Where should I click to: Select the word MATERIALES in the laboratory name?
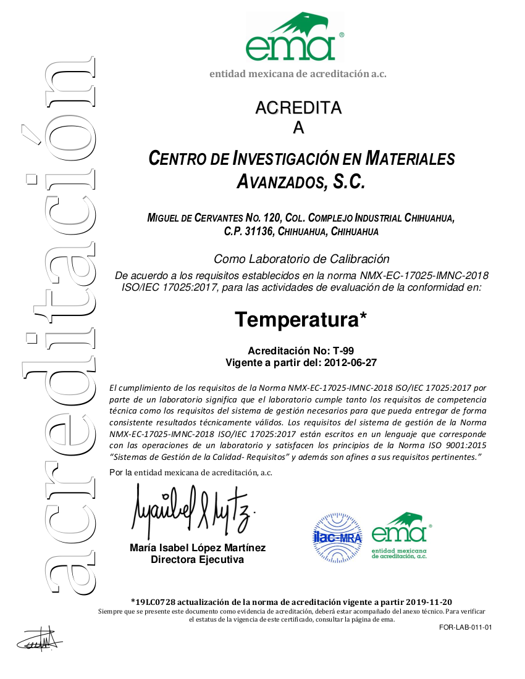410,159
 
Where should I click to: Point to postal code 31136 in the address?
259,232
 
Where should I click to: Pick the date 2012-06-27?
351,362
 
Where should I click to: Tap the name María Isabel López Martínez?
198,548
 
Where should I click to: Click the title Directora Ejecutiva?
198,560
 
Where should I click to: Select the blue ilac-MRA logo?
338,535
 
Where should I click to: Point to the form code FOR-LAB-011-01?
466,628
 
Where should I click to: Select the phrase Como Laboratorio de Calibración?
301,259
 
